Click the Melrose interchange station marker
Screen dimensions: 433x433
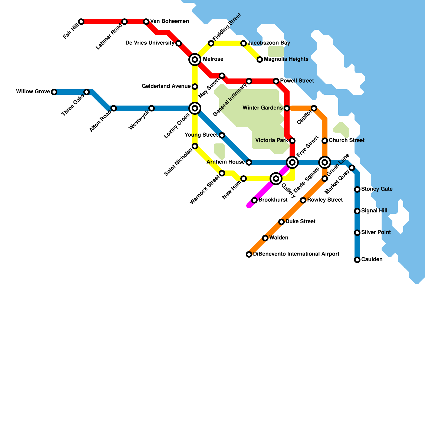click(x=195, y=59)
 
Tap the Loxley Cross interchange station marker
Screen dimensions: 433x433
click(x=195, y=108)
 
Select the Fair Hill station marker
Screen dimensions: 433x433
click(x=81, y=22)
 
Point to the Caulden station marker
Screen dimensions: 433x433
click(x=357, y=260)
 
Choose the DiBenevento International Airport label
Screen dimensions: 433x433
click(x=296, y=254)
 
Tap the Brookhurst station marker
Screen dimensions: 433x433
click(x=254, y=200)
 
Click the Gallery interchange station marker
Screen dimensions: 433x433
click(x=276, y=179)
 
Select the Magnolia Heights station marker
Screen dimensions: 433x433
click(x=260, y=60)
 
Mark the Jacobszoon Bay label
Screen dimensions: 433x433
click(x=269, y=43)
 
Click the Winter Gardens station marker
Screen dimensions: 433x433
click(x=287, y=108)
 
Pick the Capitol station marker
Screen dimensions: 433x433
click(x=314, y=108)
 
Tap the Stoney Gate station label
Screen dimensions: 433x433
click(x=377, y=189)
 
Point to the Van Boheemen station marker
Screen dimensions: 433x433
click(x=146, y=22)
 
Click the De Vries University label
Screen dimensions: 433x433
click(x=150, y=43)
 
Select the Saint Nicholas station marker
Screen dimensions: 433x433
click(x=195, y=146)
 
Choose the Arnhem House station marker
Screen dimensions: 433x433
click(x=249, y=162)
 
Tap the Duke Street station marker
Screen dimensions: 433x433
click(x=281, y=222)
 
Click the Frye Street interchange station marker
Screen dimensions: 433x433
click(x=292, y=162)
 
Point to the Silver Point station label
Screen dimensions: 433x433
click(x=376, y=232)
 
